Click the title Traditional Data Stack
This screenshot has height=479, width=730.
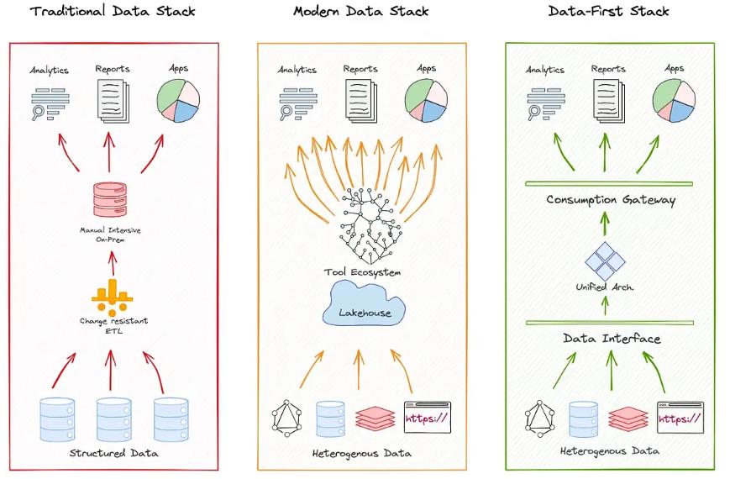(112, 12)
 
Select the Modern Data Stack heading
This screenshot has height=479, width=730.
(360, 12)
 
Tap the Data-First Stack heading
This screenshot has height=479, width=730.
(608, 12)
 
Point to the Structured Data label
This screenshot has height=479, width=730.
(113, 454)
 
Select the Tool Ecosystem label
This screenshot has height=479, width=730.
(362, 272)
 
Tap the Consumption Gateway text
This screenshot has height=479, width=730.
(611, 200)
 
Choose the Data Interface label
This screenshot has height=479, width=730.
(611, 339)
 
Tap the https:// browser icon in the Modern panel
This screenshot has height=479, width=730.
(427, 417)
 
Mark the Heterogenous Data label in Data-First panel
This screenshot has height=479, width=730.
(609, 451)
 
